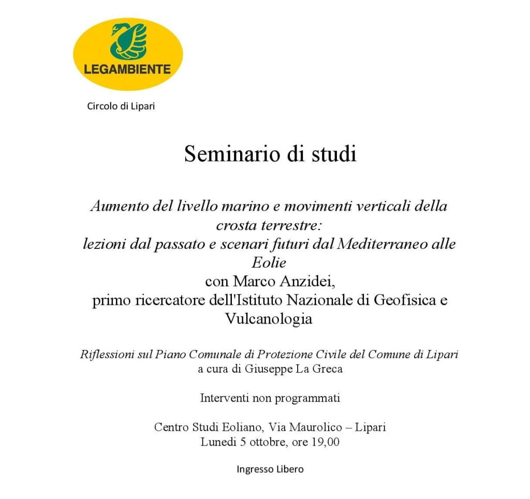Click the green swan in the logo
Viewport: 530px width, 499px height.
pos(128,40)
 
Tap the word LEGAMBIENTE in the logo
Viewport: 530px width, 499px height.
pos(128,69)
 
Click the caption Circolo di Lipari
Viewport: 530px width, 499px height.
pos(121,107)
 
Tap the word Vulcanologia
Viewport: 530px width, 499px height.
pos(269,319)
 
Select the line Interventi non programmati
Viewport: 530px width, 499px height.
pos(270,399)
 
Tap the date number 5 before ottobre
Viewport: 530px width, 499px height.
pos(242,442)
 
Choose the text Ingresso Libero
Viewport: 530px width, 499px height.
pos(270,469)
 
